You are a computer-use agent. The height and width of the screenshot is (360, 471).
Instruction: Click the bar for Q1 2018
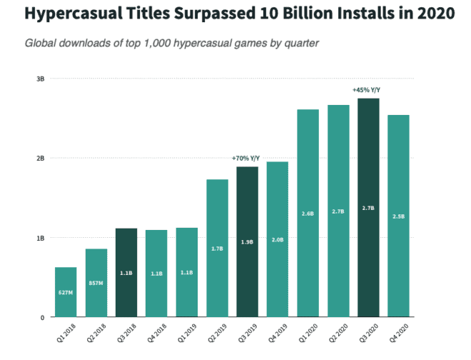click(66, 292)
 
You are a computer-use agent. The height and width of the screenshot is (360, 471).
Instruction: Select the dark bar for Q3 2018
click(126, 272)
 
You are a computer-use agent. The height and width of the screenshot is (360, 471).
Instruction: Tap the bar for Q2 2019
click(217, 248)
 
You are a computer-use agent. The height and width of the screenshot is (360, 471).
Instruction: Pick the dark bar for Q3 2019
click(247, 241)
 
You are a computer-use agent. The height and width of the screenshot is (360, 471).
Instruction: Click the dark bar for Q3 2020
click(368, 207)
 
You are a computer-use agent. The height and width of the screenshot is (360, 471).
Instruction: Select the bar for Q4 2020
click(399, 216)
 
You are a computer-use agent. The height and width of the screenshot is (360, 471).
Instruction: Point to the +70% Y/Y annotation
click(247, 158)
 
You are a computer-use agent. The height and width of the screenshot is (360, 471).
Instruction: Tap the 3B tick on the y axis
click(41, 79)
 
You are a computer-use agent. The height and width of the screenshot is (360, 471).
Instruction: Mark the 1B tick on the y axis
click(41, 238)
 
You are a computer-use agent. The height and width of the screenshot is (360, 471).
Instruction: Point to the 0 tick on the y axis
click(43, 317)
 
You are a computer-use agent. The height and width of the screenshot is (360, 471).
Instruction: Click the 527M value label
click(66, 292)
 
